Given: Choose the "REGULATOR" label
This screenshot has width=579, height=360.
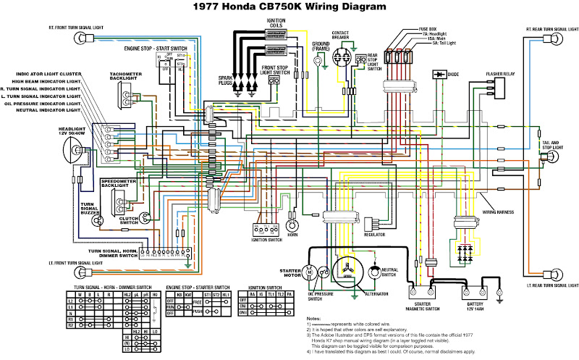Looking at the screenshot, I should coord(374,235).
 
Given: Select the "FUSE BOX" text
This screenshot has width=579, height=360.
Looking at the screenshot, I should coord(428,29).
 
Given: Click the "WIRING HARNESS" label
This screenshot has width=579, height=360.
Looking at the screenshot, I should coord(499,212).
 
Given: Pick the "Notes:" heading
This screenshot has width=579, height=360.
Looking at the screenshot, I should coord(313,319).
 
